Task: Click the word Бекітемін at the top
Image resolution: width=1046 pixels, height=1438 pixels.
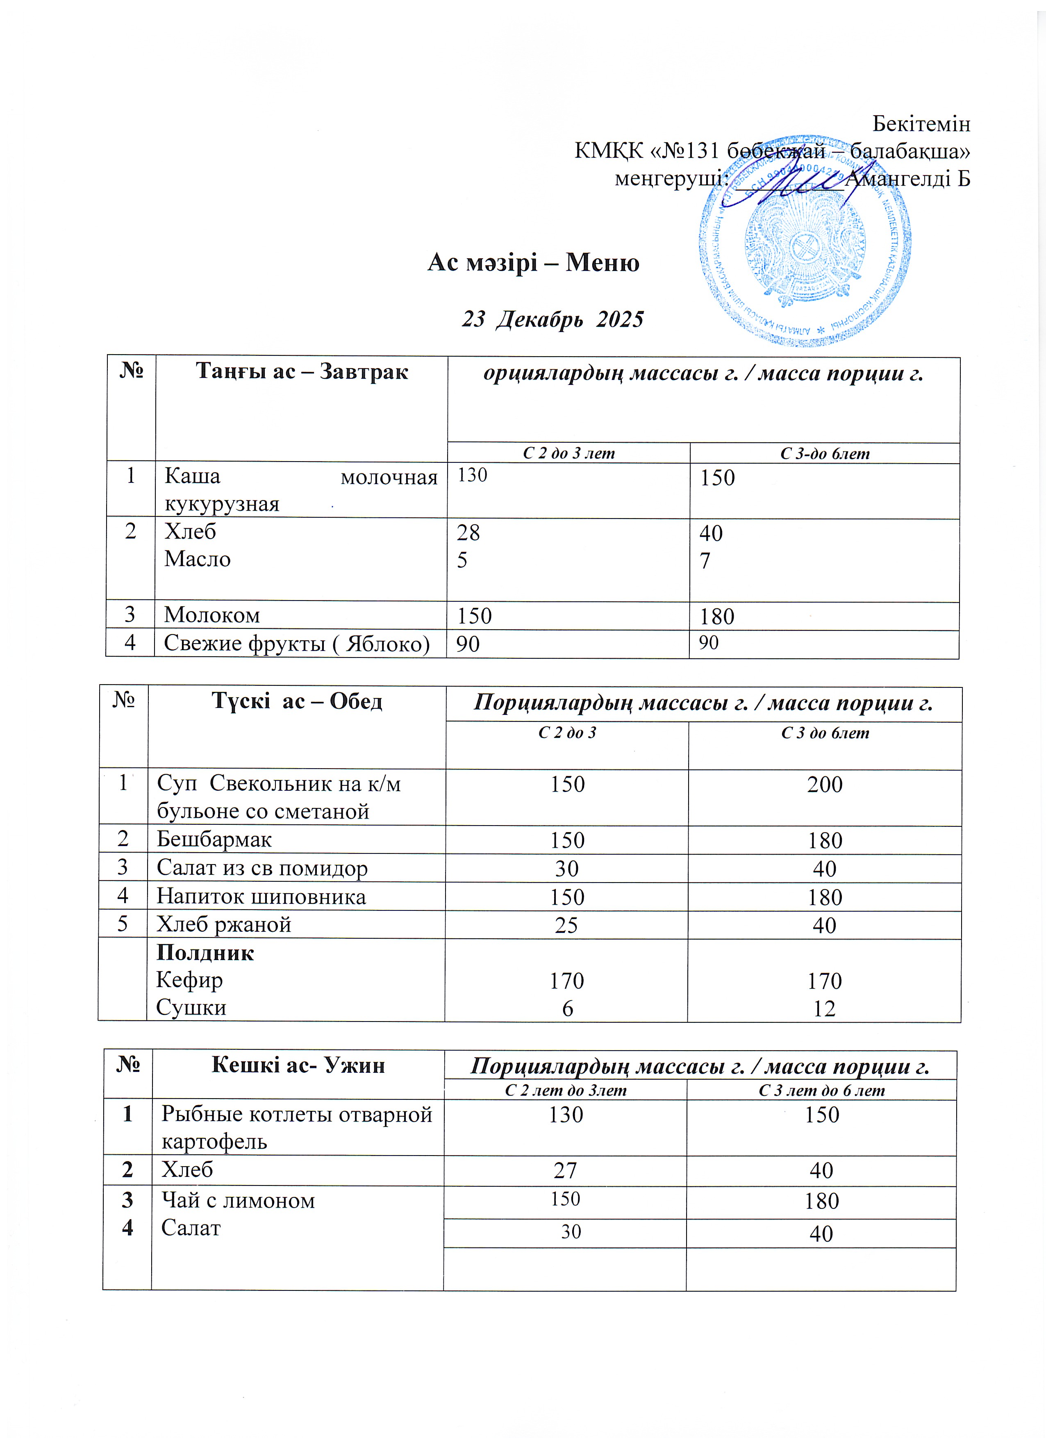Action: tap(921, 124)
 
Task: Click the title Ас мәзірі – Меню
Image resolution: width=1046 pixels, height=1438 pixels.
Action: tap(533, 262)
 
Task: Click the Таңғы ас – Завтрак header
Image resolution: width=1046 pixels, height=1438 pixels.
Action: tap(301, 371)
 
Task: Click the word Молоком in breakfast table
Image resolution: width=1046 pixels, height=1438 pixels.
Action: tap(212, 615)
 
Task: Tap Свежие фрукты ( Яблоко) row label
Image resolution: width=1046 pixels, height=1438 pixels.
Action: tap(296, 644)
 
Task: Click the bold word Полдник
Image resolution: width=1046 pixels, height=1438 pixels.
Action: tap(205, 953)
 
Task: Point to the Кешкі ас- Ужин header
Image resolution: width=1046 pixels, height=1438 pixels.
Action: tap(298, 1065)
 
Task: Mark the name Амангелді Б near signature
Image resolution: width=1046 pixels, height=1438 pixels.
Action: tap(908, 180)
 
